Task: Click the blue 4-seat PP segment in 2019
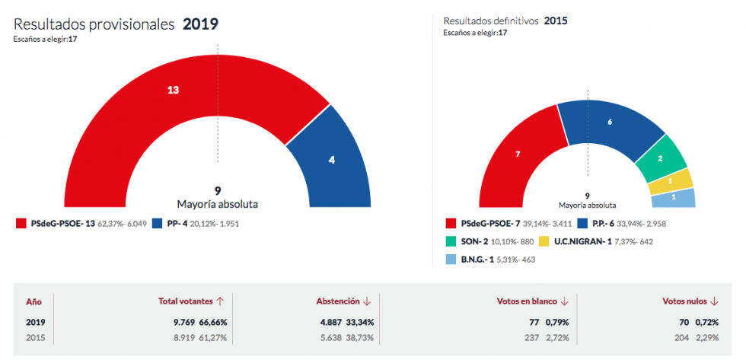tap(332, 160)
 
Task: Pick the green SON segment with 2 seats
tap(660, 158)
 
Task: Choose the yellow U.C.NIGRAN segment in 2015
tap(671, 181)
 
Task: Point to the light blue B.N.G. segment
tap(674, 198)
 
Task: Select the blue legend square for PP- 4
tap(158, 224)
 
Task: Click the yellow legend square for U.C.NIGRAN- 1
tap(544, 241)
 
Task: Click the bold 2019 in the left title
tap(200, 24)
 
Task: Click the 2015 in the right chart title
tap(555, 21)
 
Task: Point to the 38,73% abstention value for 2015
tap(361, 336)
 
